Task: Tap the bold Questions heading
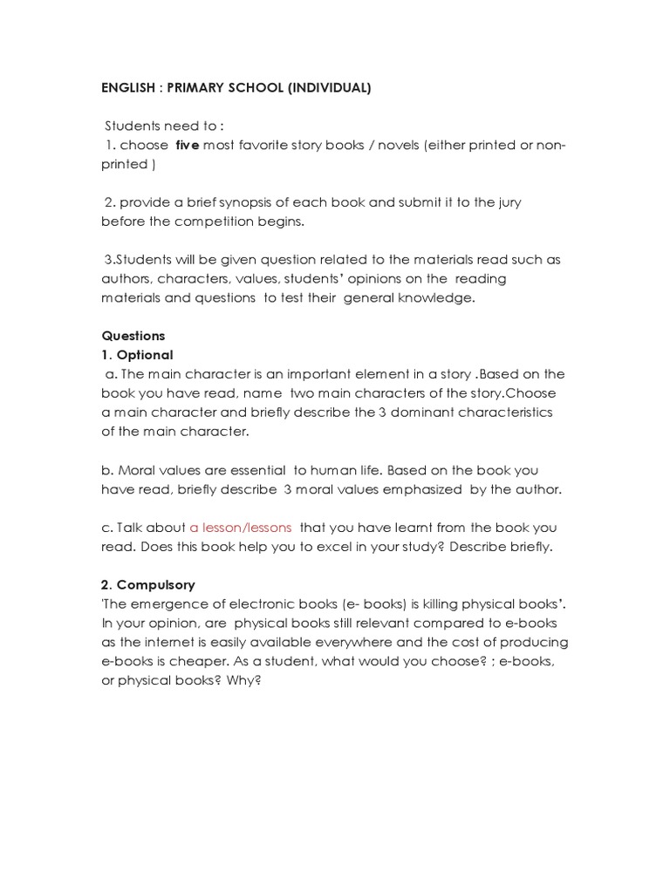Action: click(133, 336)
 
